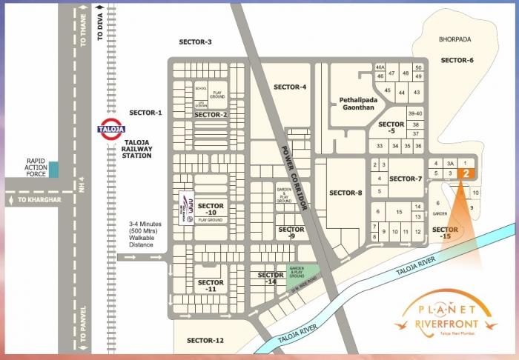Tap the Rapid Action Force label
pyautogui.click(x=36, y=168)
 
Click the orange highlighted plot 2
pyautogui.click(x=464, y=173)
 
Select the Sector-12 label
pyautogui.click(x=205, y=340)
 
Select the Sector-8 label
pyautogui.click(x=345, y=193)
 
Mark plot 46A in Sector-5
pyautogui.click(x=380, y=67)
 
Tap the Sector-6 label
pyautogui.click(x=457, y=60)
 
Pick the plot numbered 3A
pyautogui.click(x=449, y=163)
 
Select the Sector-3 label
pyautogui.click(x=196, y=41)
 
